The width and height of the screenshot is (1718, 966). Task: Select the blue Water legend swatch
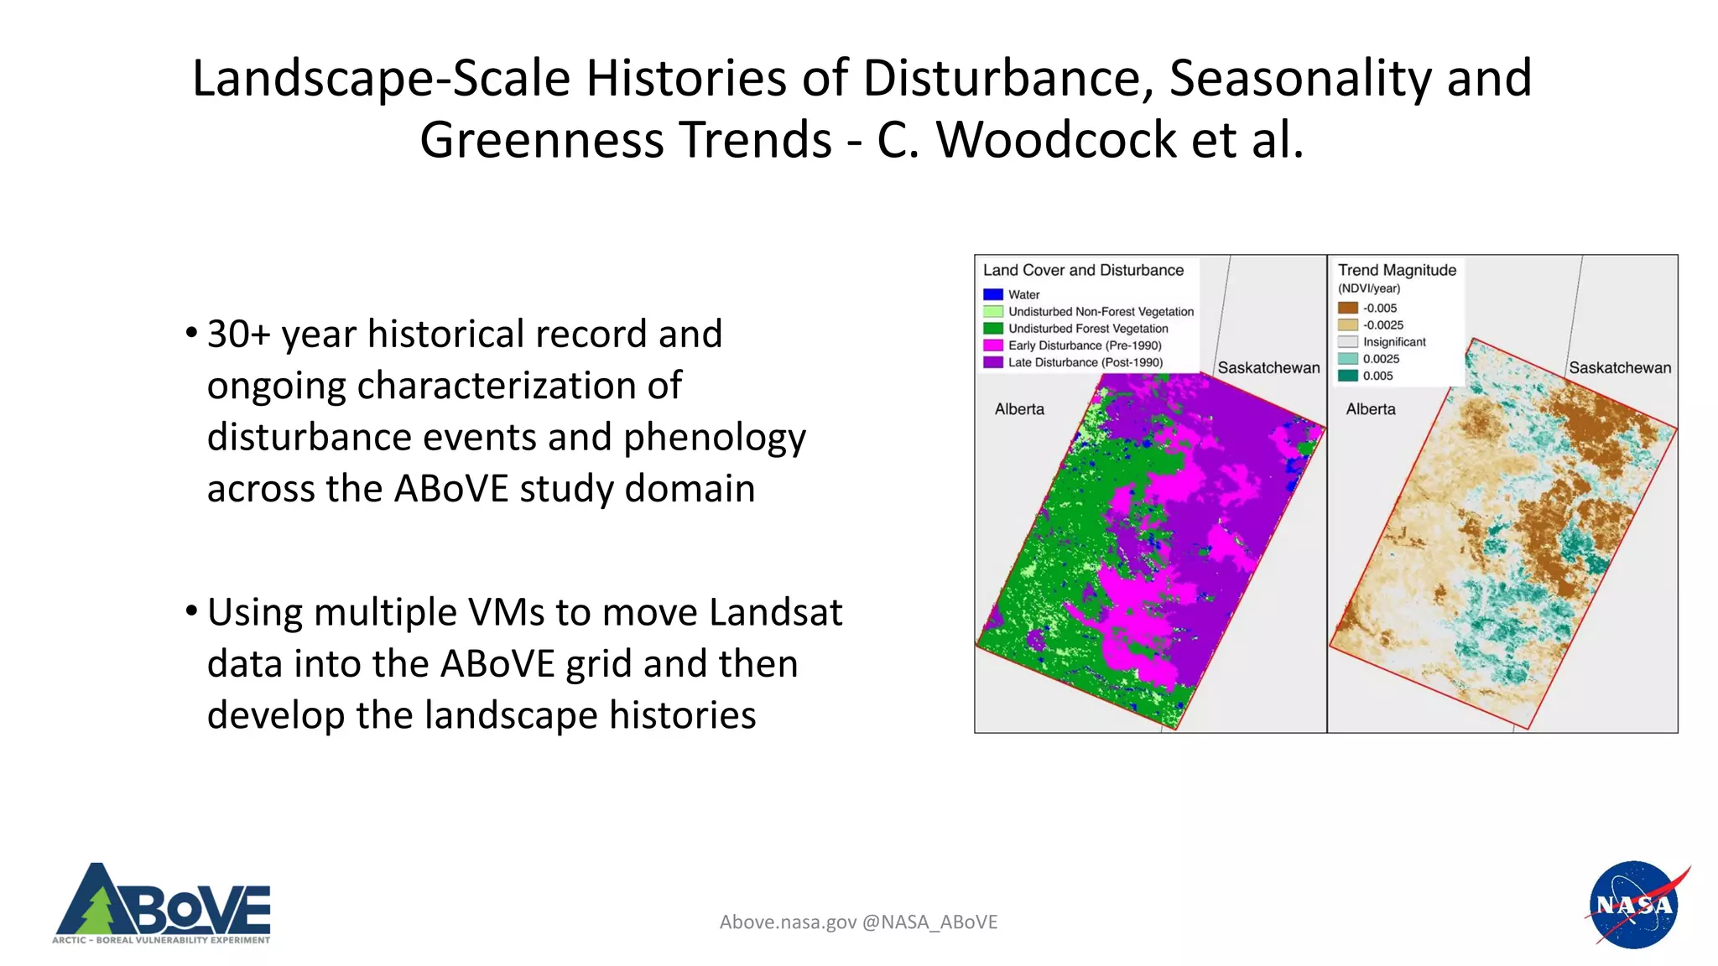point(993,294)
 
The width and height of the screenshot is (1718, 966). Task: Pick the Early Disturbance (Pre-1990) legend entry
point(1084,345)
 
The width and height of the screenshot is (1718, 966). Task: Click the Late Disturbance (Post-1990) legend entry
point(1085,362)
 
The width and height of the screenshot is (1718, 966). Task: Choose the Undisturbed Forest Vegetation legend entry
point(1087,329)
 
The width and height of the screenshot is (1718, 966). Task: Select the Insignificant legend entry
point(1393,342)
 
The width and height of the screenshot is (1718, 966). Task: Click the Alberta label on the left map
point(1019,409)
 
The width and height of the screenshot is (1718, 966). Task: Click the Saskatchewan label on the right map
point(1619,367)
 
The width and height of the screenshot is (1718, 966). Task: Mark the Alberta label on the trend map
point(1371,409)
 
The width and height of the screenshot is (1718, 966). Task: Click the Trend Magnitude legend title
point(1397,270)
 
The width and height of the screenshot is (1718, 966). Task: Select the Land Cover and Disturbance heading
point(1083,270)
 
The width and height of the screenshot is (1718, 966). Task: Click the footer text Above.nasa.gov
point(788,922)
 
